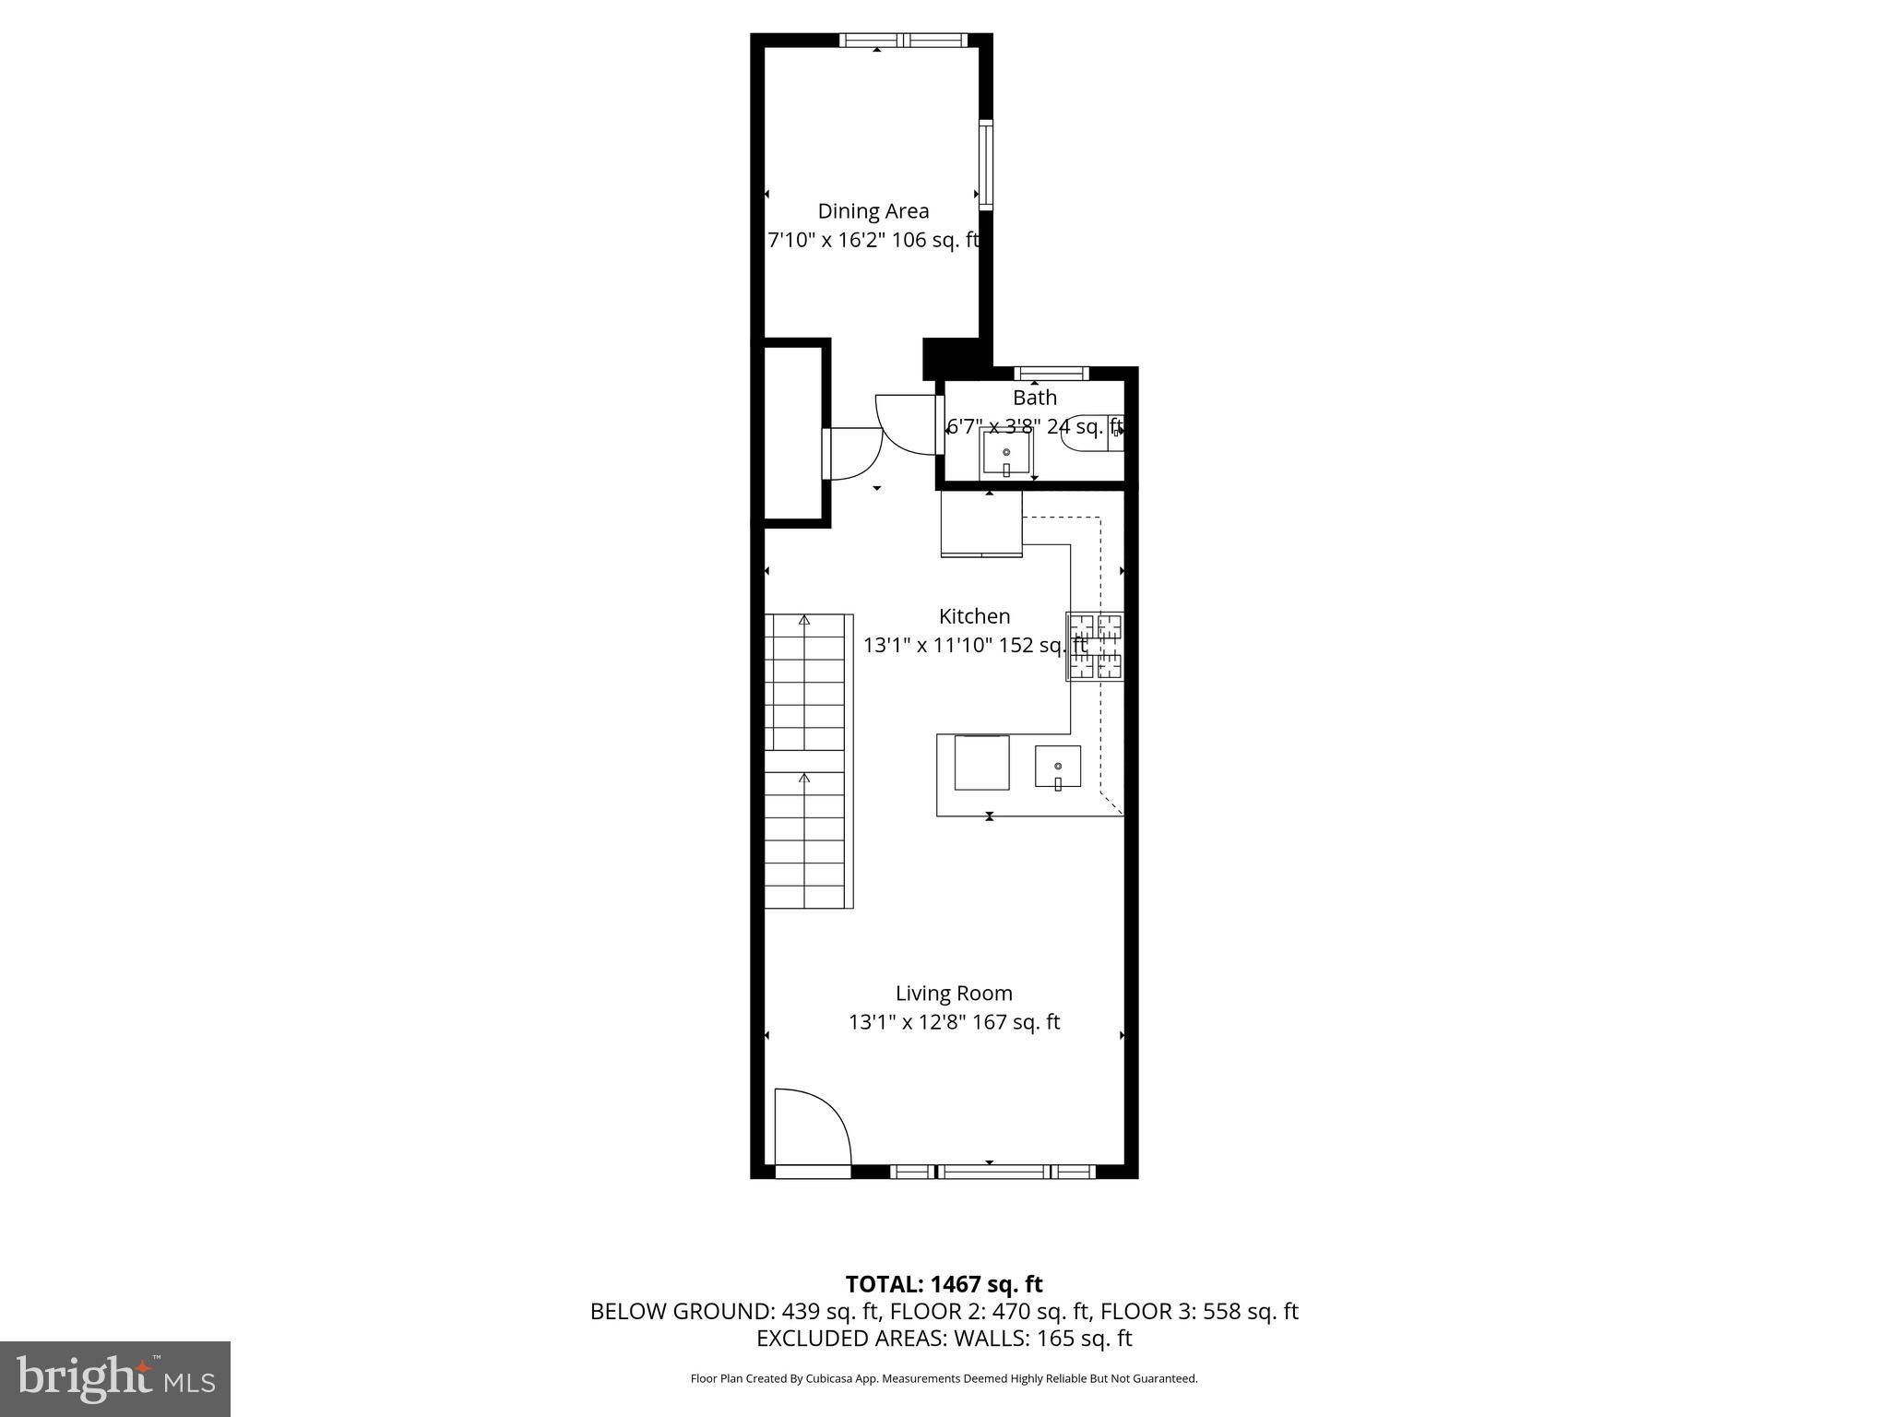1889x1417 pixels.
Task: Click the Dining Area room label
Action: coord(873,211)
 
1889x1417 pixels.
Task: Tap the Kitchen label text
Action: coord(974,616)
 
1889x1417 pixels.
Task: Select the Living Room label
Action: coord(954,994)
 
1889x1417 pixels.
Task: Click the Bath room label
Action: coord(1034,398)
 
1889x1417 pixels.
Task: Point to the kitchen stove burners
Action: coord(1095,647)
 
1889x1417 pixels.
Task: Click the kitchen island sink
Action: coord(1057,767)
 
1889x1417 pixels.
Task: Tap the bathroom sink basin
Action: coord(1005,453)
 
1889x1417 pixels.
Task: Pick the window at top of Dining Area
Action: coord(903,41)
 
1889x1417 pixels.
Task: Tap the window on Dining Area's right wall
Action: coord(986,165)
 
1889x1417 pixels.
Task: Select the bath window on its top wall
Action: coord(1051,374)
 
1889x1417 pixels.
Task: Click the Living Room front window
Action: coord(992,1172)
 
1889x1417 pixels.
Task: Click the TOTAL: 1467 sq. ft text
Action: coord(944,1284)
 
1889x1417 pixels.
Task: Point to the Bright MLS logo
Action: coord(115,1378)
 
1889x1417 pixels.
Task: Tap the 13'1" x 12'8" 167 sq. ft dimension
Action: coord(954,1022)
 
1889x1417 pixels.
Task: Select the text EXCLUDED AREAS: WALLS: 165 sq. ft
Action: coord(944,1338)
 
